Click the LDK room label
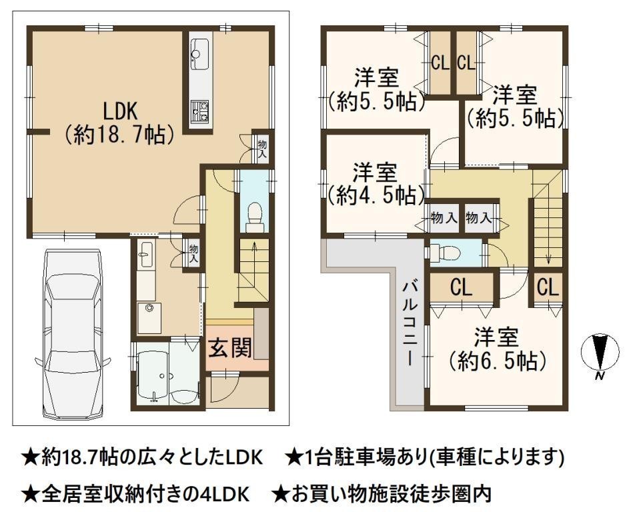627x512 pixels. [119, 123]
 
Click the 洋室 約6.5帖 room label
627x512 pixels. [498, 349]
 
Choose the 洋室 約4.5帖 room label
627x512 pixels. [375, 184]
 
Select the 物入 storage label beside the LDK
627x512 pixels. [262, 148]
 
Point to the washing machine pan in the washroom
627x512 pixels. [149, 318]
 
